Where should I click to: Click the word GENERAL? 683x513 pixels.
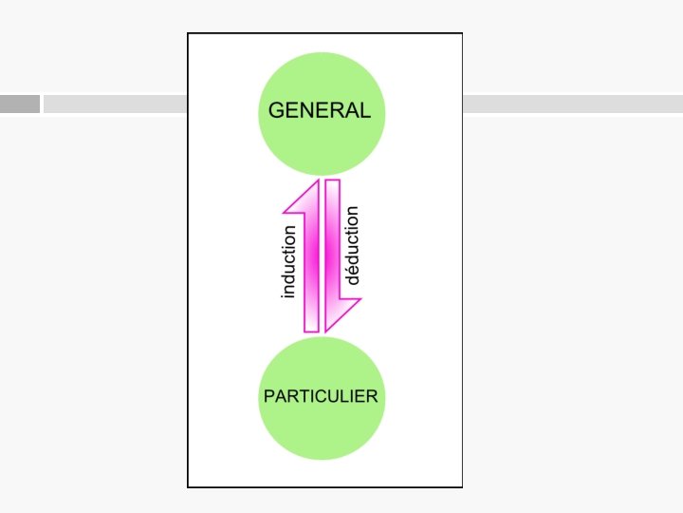pos(320,110)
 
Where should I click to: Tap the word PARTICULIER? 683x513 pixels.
pos(320,395)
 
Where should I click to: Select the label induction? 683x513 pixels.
pos(289,261)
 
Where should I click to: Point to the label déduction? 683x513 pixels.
pos(353,245)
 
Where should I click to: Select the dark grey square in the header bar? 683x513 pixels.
pos(20,104)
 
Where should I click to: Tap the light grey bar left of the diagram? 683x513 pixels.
pos(114,104)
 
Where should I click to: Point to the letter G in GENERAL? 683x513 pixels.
pos(277,110)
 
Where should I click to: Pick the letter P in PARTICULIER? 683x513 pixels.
pos(268,395)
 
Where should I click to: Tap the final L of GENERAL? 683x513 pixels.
pos(365,110)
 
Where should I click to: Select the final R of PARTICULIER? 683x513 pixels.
pos(372,395)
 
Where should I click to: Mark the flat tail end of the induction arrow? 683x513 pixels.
pos(311,330)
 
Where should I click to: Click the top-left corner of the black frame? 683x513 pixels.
pos(188,34)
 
